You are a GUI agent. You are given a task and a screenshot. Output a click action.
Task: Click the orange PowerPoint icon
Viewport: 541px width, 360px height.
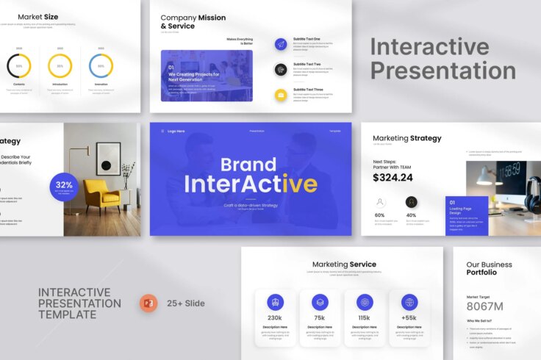pyautogui.click(x=149, y=303)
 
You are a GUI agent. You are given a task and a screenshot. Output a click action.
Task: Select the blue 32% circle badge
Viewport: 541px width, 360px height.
pyautogui.click(x=64, y=187)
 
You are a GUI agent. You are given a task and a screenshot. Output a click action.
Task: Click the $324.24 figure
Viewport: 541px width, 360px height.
pyautogui.click(x=393, y=177)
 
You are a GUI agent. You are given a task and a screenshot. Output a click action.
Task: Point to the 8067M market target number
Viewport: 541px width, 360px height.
pyautogui.click(x=485, y=306)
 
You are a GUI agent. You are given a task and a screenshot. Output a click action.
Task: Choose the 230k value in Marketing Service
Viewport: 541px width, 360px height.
pyautogui.click(x=275, y=317)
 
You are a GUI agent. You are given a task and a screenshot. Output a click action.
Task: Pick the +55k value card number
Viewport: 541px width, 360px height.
pyautogui.click(x=409, y=317)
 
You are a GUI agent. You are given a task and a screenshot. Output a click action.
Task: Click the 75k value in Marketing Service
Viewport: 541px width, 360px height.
pyautogui.click(x=320, y=317)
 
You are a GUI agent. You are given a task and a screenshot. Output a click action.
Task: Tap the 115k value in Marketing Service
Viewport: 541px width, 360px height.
pyautogui.click(x=365, y=317)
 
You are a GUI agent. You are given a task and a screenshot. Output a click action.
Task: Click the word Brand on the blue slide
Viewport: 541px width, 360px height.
pyautogui.click(x=248, y=164)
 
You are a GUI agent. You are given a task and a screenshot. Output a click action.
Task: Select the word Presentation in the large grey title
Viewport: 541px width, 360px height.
pyautogui.click(x=443, y=71)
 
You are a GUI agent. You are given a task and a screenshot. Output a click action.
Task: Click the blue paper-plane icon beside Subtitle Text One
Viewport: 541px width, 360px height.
pyautogui.click(x=280, y=44)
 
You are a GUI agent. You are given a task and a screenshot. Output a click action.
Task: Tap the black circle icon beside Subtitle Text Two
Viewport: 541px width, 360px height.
pyautogui.click(x=280, y=69)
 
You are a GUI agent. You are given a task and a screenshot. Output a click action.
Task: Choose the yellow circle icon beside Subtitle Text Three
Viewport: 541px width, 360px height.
pyautogui.click(x=280, y=95)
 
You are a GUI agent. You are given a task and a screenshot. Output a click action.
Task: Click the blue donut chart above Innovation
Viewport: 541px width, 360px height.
pyautogui.click(x=101, y=66)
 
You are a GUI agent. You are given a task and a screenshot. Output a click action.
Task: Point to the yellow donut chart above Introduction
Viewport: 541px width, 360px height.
pyautogui.click(x=60, y=66)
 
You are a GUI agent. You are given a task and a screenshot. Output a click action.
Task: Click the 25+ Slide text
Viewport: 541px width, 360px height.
pyautogui.click(x=185, y=303)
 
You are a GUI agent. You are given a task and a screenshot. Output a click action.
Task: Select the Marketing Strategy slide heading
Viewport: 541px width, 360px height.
pyautogui.click(x=406, y=138)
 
